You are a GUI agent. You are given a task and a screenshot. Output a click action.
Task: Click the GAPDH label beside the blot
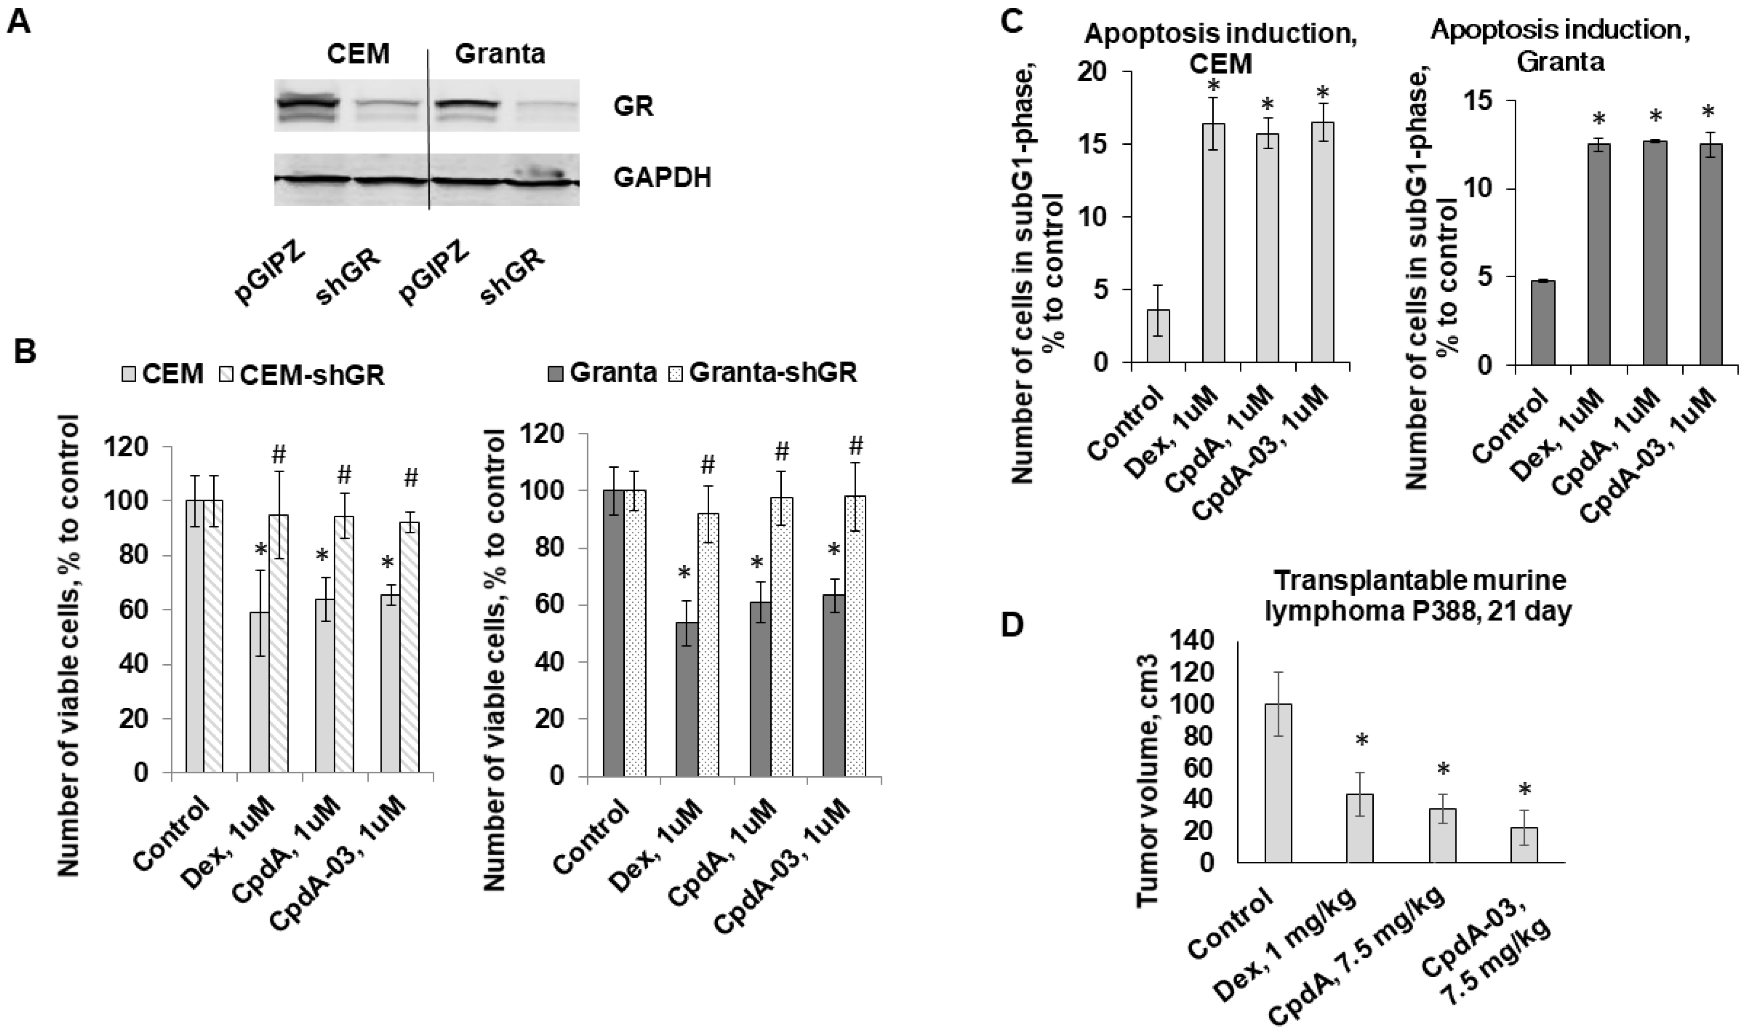(662, 177)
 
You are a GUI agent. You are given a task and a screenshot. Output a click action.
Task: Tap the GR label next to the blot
(633, 107)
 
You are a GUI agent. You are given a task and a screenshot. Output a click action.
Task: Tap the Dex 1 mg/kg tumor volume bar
(1361, 828)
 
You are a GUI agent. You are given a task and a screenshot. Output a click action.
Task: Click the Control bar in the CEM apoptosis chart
(1158, 336)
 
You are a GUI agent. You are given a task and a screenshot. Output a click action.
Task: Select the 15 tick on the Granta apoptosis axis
(1484, 101)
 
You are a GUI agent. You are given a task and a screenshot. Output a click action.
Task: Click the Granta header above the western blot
(500, 54)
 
